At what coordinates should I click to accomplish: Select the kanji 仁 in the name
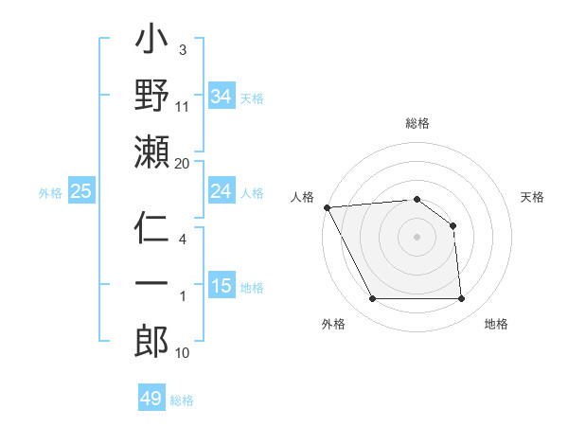coord(152,230)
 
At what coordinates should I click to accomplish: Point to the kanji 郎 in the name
coord(152,342)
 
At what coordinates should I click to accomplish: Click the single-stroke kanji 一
coord(152,285)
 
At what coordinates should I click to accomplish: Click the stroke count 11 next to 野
coord(183,106)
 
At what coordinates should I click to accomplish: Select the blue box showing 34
coord(222,96)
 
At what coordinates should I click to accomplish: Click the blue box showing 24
coord(222,191)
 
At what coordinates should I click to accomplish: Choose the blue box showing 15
coord(222,286)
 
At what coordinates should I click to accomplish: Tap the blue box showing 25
coord(81,192)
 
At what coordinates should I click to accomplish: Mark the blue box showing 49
coord(151,399)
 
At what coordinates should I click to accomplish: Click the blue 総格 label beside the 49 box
coord(182,400)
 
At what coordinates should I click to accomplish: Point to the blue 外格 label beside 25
coord(50,193)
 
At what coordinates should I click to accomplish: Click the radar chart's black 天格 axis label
coord(532,197)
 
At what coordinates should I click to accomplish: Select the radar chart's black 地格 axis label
coord(496,324)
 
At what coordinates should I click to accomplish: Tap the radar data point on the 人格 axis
coord(327,206)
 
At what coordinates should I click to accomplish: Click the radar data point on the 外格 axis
coord(372,299)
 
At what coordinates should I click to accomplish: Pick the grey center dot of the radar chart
coord(417,236)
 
